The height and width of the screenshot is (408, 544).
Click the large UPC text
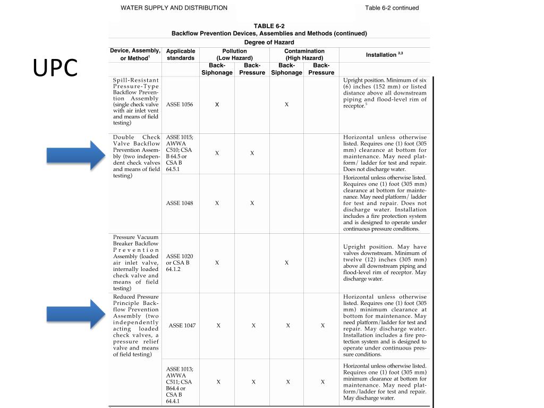tap(55, 67)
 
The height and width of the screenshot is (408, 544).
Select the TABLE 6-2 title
tap(269, 25)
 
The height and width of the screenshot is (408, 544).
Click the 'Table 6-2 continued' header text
tap(392, 8)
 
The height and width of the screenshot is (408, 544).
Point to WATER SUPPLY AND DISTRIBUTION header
tap(174, 8)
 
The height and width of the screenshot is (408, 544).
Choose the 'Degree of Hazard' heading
tap(269, 42)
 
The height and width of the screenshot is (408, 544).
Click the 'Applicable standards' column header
tap(181, 55)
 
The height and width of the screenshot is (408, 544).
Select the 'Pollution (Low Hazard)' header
tap(234, 55)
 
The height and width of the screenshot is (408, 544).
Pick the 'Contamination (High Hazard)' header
tap(304, 55)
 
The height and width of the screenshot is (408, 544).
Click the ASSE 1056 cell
tap(180, 105)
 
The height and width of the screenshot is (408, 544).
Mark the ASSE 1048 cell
tap(180, 203)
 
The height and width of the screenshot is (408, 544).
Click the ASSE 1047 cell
tap(183, 326)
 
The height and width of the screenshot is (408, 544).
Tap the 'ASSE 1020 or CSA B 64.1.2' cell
tap(179, 263)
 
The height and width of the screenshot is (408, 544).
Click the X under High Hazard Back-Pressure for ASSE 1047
tap(322, 326)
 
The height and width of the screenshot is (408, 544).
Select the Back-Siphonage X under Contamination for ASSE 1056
tap(286, 105)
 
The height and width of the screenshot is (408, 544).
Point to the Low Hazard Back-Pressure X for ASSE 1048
tap(252, 203)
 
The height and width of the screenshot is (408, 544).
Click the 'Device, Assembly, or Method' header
tap(135, 54)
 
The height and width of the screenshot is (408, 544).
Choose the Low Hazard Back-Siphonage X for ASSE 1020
tap(217, 262)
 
